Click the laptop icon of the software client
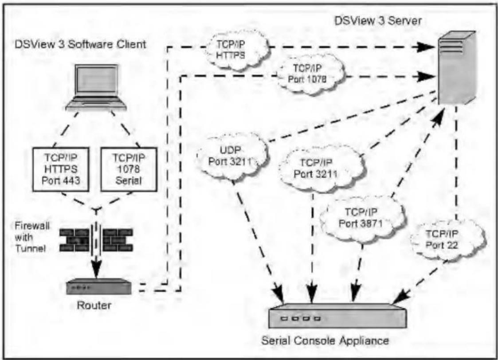[x=96, y=88]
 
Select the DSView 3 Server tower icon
[x=457, y=68]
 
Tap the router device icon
[x=99, y=286]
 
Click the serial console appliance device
[x=337, y=316]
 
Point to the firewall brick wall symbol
[x=96, y=240]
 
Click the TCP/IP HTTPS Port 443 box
[x=61, y=169]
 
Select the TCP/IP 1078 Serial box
[x=129, y=169]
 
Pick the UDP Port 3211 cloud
[x=232, y=157]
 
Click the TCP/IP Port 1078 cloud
[x=310, y=74]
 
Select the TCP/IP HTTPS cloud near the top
[x=235, y=50]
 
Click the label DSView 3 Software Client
[x=80, y=44]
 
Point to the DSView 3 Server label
[x=378, y=21]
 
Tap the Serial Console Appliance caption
[x=325, y=340]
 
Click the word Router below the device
[x=94, y=305]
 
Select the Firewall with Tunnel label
[x=32, y=237]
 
